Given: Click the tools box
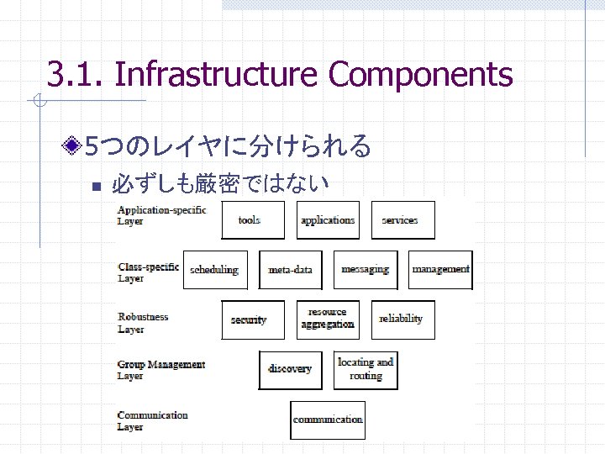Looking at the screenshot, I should pos(249,220).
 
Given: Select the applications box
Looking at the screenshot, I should pos(328,220).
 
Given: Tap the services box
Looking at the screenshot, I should pos(399,220).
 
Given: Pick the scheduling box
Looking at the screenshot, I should pos(215,270).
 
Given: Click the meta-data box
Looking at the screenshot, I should pos(290,270).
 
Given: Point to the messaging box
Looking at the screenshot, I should pos(365,270).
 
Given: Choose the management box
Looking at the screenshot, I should pos(440,270).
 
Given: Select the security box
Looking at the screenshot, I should pos(249,320).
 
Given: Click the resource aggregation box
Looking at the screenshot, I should pos(328,319).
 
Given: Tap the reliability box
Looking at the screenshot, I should pos(401,319).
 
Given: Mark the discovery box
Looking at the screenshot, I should pos(290,369).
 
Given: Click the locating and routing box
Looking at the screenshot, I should pos(366,369).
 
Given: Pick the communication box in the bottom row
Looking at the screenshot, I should pos(328,420).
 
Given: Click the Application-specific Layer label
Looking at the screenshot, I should pos(161,215).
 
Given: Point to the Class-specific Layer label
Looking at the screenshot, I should pos(148,272).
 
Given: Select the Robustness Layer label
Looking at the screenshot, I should pos(143,323).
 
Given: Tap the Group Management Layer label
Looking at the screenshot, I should pos(160,370).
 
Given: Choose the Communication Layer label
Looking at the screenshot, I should pos(152,420).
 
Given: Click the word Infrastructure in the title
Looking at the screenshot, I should pos(216,74).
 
